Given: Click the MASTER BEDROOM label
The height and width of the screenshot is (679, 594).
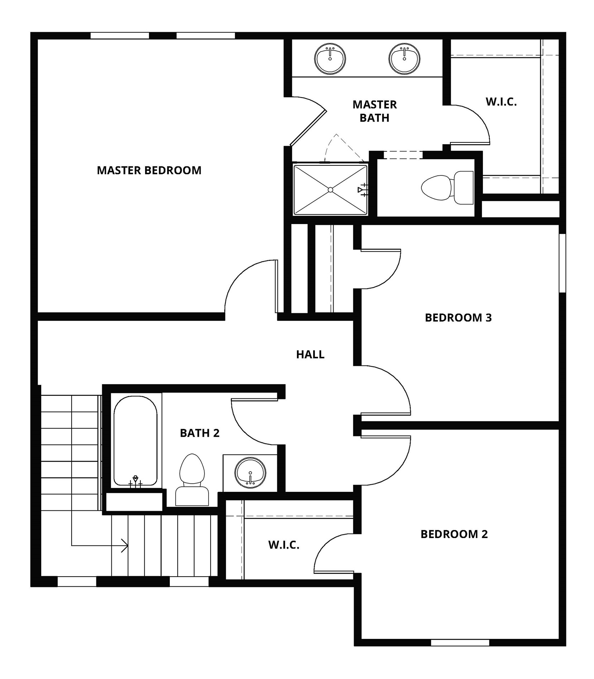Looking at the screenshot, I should point(149,170).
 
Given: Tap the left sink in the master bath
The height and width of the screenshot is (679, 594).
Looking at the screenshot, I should point(330,58).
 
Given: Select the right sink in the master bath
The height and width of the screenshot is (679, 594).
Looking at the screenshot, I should point(404,58).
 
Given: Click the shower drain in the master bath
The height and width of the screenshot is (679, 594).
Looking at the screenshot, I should point(330,189).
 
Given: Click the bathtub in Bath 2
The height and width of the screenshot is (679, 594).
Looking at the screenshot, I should point(135,440).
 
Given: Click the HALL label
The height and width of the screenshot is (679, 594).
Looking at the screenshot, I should point(310,354).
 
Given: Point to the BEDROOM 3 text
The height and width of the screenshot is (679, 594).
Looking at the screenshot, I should point(458,317).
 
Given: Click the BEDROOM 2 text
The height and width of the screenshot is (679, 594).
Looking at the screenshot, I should point(454,534).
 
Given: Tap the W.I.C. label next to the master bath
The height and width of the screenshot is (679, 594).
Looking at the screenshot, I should point(501,102).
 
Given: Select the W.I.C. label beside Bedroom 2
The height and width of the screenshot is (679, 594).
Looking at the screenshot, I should point(284,545).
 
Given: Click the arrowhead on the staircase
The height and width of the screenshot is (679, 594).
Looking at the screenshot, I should point(125,545).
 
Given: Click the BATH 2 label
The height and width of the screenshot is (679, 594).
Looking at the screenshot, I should point(200,433).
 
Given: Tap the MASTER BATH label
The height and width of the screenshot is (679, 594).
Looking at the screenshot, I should point(374,111).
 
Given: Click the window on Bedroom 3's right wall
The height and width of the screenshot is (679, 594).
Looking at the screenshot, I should point(562,263).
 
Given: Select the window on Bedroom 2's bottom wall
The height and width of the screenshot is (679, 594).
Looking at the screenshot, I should point(460,642).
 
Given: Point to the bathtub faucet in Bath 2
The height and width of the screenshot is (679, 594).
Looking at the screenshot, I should point(135,481).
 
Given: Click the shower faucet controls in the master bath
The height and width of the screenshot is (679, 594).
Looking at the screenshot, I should point(363,190).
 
